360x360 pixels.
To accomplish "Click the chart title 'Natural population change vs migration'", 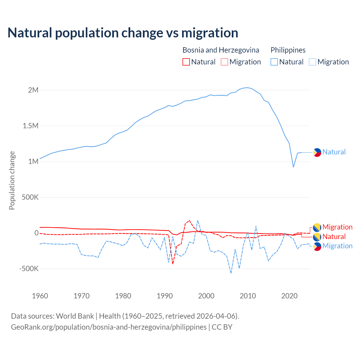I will coord(123,33).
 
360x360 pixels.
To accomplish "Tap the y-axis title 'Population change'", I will coord(12,180).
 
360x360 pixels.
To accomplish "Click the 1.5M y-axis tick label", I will coord(30,126).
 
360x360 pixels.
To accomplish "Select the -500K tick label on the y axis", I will coord(29,269).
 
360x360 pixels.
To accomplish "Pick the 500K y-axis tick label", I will coord(30,197).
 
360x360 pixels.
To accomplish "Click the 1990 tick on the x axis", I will coord(165,296).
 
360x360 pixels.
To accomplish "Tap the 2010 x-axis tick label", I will coord(248,296).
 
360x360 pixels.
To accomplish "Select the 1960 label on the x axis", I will coord(40,296).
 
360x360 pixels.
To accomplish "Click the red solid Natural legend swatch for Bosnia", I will coord(186,62).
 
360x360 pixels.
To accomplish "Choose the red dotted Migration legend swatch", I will coord(224,62).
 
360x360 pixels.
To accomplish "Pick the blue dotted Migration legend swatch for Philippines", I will coord(312,62).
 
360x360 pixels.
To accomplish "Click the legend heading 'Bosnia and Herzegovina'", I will coord(221,50).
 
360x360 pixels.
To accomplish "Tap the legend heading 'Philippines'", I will coord(288,50).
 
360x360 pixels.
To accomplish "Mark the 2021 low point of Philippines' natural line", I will coord(293,167).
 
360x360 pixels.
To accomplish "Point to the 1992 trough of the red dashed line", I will coord(173,264).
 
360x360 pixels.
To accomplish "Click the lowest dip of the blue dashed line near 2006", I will coord(231,273).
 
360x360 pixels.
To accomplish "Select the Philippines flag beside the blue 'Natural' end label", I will coord(317,152).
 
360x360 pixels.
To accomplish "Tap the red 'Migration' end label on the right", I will coord(337,227).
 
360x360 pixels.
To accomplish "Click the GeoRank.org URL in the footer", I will coord(109,327).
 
